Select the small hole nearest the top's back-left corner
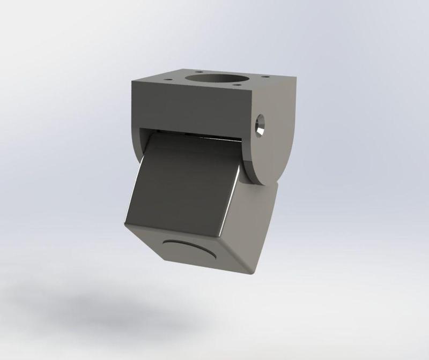click(x=199, y=71)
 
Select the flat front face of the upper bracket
click(x=190, y=110)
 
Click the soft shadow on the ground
click(x=107, y=311)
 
